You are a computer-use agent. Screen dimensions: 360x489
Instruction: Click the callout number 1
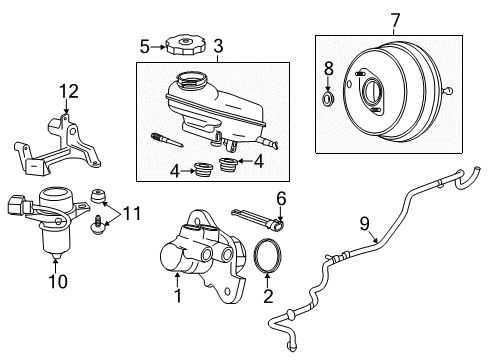coord(178,296)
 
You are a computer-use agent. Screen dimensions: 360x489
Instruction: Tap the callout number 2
coord(268,296)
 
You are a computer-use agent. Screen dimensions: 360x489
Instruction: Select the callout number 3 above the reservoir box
coord(218,46)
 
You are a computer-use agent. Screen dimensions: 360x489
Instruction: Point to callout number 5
coord(145,45)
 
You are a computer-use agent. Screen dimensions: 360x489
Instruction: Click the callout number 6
coord(281,199)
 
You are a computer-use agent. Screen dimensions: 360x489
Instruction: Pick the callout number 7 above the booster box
coord(367,19)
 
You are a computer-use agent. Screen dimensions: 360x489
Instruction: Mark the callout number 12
coord(67,93)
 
